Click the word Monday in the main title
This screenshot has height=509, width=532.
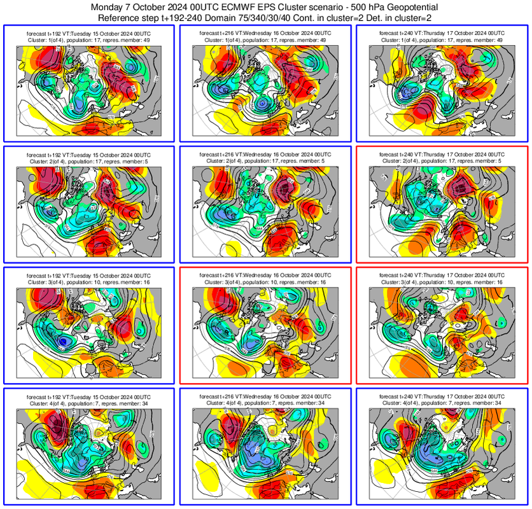[x=109, y=7]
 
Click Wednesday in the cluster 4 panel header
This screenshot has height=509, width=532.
[x=256, y=394]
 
